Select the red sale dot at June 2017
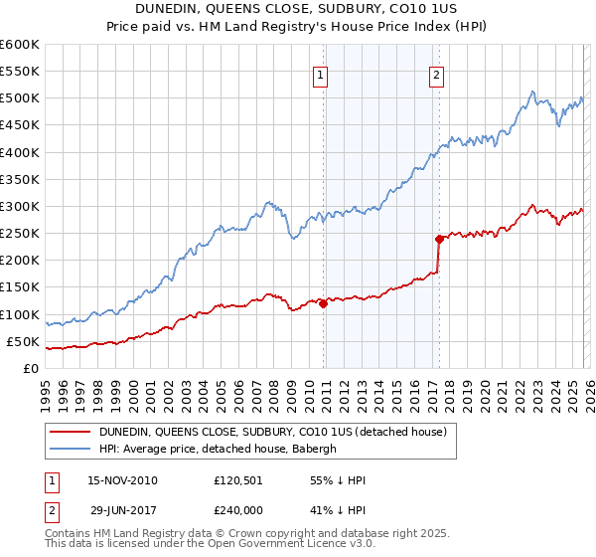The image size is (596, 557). (x=439, y=239)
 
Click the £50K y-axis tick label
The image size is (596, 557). (x=23, y=341)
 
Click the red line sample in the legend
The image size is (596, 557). (x=71, y=432)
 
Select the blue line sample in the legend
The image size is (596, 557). (x=71, y=449)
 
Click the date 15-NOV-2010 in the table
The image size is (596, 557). (x=122, y=480)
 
